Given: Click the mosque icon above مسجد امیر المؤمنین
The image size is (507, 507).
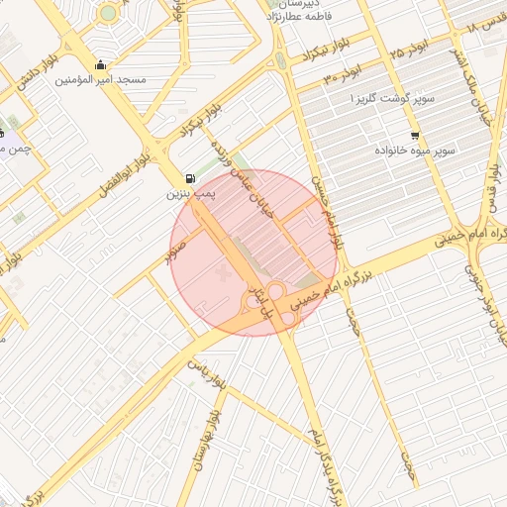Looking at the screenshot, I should point(99,66).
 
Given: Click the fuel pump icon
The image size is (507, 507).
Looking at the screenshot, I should point(187,179).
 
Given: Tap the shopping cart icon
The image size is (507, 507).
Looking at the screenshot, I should point(414,135).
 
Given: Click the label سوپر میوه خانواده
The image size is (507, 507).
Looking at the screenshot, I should point(415,151).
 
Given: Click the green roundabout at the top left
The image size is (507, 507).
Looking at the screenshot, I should point(107,13).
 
